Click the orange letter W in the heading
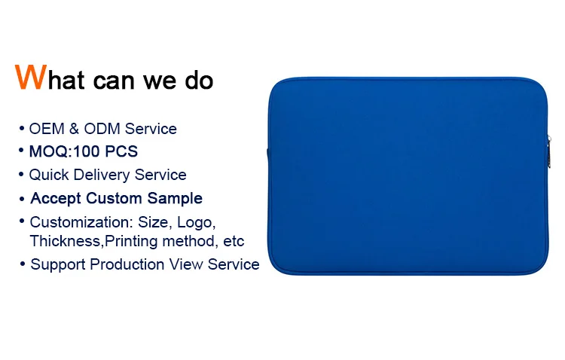pos(31,77)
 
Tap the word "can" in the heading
pos(114,81)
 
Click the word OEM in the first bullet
pos(47,129)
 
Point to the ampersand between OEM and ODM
pos(74,129)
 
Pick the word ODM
pos(102,129)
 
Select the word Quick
pos(49,175)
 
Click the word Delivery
pos(102,175)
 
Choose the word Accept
pos(56,199)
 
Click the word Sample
pos(175,199)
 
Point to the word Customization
pos(79,222)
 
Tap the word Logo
pos(197,223)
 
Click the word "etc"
pos(234,242)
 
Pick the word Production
pos(127,264)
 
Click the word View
pos(186,264)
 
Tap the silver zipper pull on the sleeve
pos(548,151)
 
